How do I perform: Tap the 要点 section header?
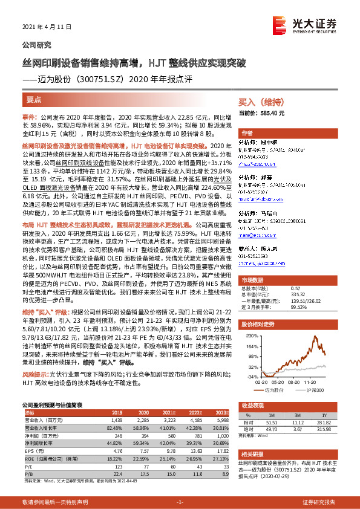click(34, 98)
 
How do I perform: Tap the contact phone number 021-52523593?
click(258, 256)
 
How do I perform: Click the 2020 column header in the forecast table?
click(150, 412)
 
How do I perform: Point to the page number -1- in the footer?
click(179, 502)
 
